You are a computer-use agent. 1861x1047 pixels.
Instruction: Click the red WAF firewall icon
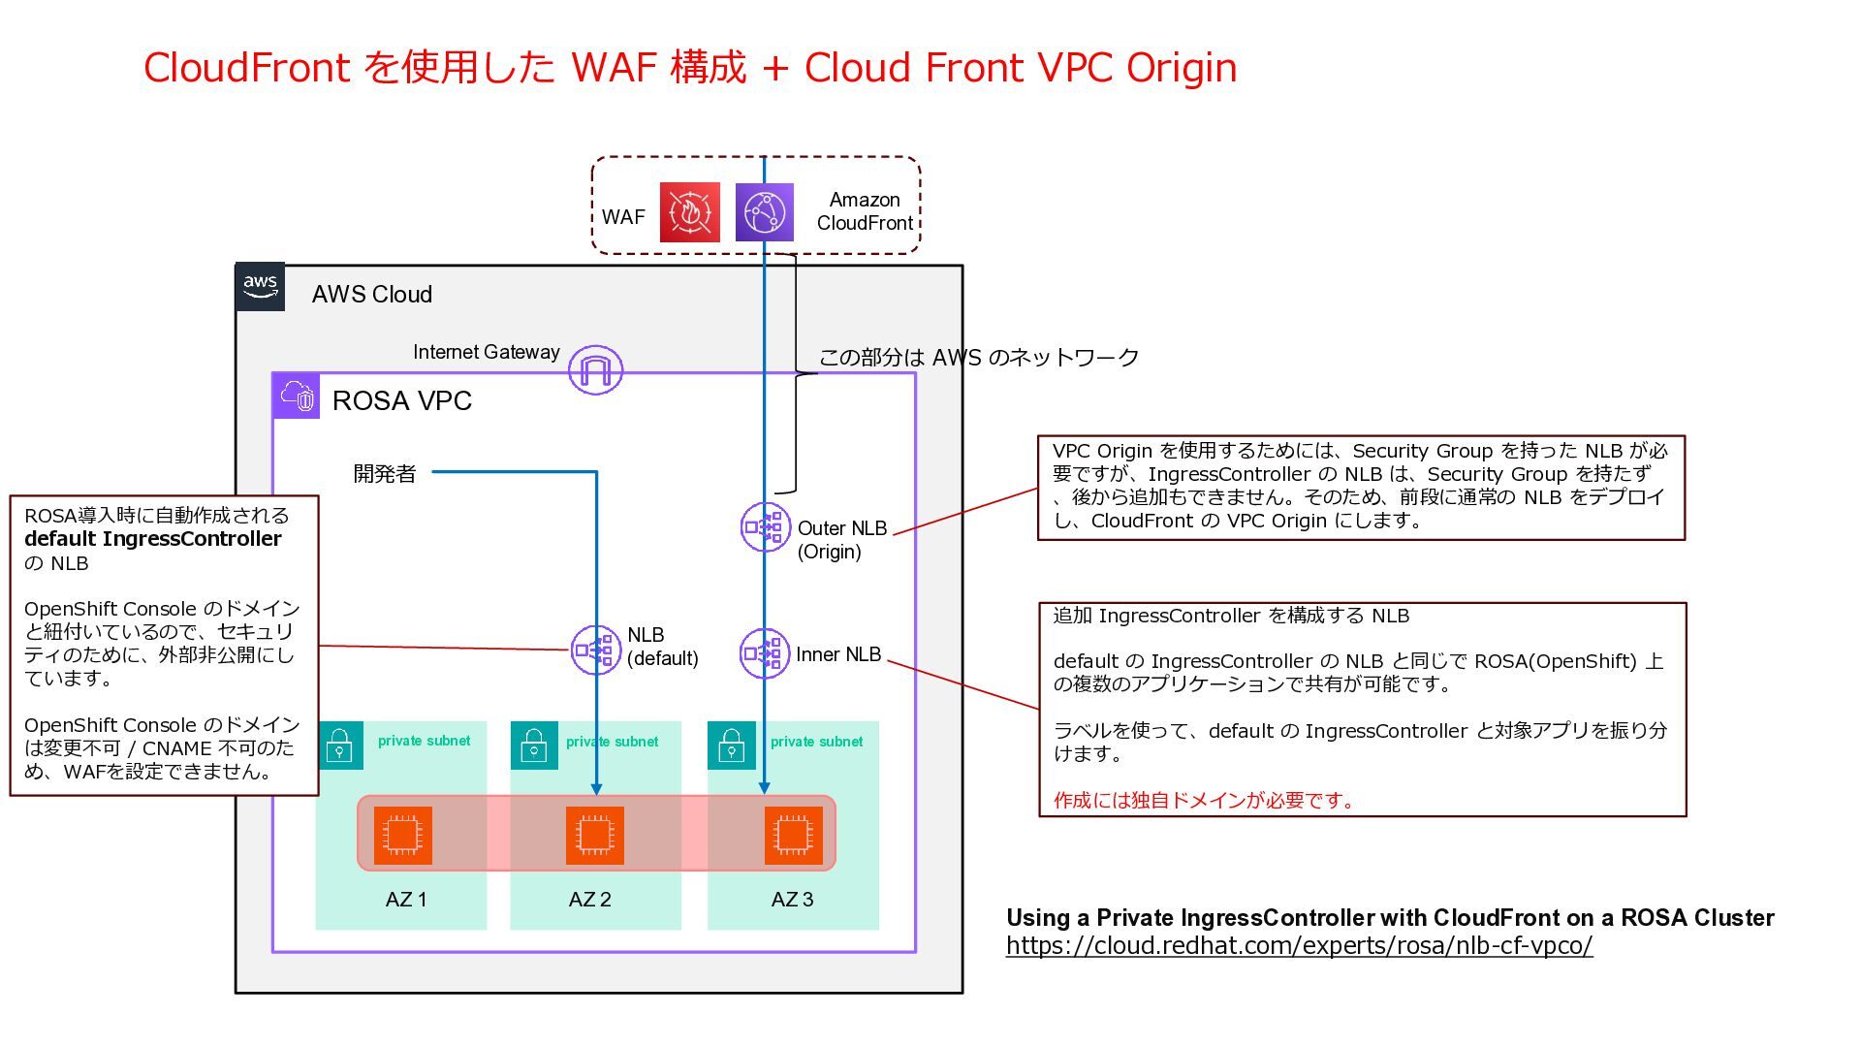coord(689,212)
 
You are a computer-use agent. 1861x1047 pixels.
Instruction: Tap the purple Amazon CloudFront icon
coord(764,212)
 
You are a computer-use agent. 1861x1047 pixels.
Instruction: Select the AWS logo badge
coord(260,287)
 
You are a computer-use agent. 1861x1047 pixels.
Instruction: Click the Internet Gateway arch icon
coord(595,369)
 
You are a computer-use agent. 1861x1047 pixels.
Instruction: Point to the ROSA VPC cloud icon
coord(297,396)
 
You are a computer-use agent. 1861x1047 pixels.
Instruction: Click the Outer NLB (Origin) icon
coord(765,527)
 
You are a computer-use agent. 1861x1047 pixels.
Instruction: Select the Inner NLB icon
coord(764,654)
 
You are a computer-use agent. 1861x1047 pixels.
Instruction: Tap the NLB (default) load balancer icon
coord(595,650)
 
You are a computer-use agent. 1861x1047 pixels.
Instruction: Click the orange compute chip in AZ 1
coord(402,835)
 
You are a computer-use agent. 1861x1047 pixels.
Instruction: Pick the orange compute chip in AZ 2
coord(594,835)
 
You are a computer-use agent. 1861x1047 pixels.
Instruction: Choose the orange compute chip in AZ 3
coord(793,835)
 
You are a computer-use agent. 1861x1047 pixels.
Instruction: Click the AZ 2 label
coord(589,900)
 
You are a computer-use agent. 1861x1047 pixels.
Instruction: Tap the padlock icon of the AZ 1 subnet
coord(339,746)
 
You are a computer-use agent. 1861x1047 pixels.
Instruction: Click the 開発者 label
coord(385,474)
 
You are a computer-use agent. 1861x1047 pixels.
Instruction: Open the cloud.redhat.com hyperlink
coord(1299,946)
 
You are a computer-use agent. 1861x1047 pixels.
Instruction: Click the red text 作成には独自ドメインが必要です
coord(1203,801)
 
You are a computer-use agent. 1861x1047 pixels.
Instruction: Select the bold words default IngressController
coord(153,539)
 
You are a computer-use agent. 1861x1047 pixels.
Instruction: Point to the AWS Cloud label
coord(371,295)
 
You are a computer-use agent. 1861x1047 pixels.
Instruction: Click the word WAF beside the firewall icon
coord(623,217)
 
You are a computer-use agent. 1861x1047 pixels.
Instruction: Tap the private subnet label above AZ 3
coord(816,742)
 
